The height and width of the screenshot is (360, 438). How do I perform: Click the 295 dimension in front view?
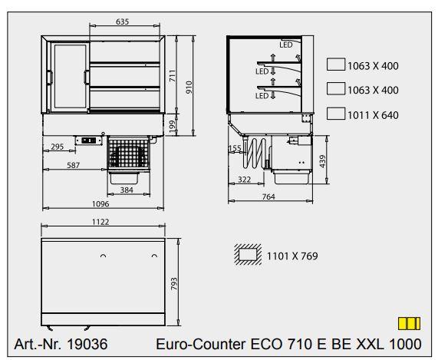(57, 147)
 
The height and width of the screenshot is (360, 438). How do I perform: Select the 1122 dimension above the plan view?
(101, 222)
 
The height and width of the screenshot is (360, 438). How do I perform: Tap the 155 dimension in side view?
(235, 148)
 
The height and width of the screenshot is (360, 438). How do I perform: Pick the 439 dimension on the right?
(324, 160)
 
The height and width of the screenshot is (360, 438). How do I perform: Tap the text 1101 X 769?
(292, 256)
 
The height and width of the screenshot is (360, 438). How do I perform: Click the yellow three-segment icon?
(408, 323)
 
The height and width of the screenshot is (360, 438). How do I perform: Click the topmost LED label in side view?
(285, 45)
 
